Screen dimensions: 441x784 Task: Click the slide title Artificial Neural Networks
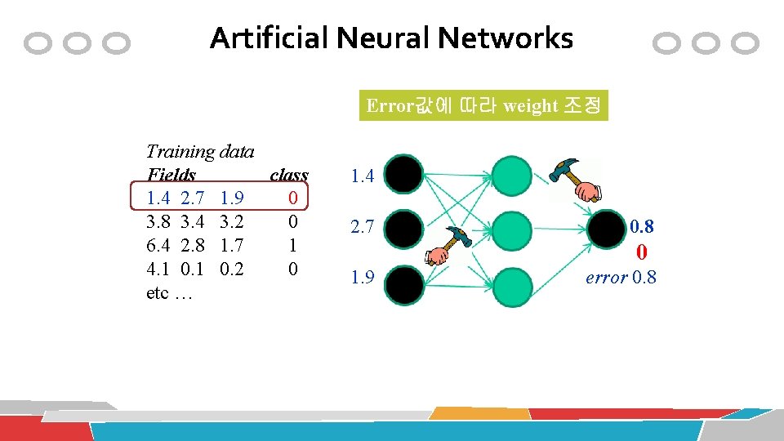coord(391,38)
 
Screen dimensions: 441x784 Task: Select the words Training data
coord(199,151)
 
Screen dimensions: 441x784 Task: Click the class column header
coord(288,175)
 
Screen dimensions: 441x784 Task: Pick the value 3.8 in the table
coord(158,221)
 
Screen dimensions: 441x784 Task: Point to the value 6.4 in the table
coord(158,245)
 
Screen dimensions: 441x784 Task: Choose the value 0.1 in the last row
coord(192,269)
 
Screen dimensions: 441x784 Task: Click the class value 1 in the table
coord(292,245)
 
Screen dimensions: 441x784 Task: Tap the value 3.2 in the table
coord(232,221)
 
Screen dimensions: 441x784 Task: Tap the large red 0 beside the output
coord(642,252)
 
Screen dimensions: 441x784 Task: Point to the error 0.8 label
coord(621,277)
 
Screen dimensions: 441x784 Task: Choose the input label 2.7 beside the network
coord(362,229)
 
